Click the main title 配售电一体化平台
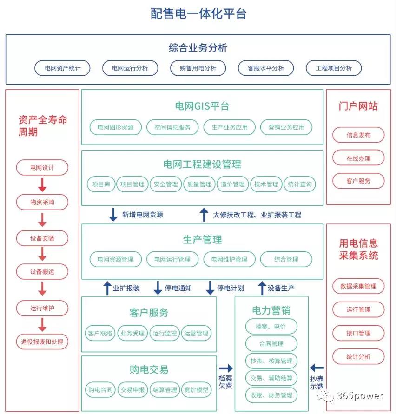point(198,13)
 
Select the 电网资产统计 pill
point(63,68)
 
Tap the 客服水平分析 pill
point(266,68)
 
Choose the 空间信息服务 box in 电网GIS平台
point(172,127)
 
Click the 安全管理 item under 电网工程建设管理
point(165,184)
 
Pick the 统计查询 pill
point(299,184)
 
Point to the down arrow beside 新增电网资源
point(113,214)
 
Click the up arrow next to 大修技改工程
point(204,214)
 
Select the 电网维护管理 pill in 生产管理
point(229,259)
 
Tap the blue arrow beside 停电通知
point(158,288)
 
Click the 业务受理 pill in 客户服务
point(132,333)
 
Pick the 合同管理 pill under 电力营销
point(271,344)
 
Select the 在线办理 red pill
point(358,158)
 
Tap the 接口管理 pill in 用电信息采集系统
point(358,333)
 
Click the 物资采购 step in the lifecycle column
point(42,202)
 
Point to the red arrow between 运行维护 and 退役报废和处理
point(42,324)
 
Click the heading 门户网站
point(358,106)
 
